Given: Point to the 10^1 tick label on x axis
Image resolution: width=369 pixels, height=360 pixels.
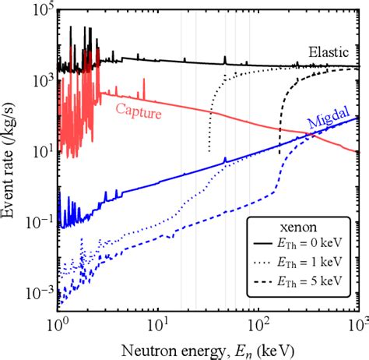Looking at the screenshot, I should click(x=158, y=322).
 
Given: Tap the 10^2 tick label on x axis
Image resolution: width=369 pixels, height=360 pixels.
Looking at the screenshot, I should click(x=258, y=322).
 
